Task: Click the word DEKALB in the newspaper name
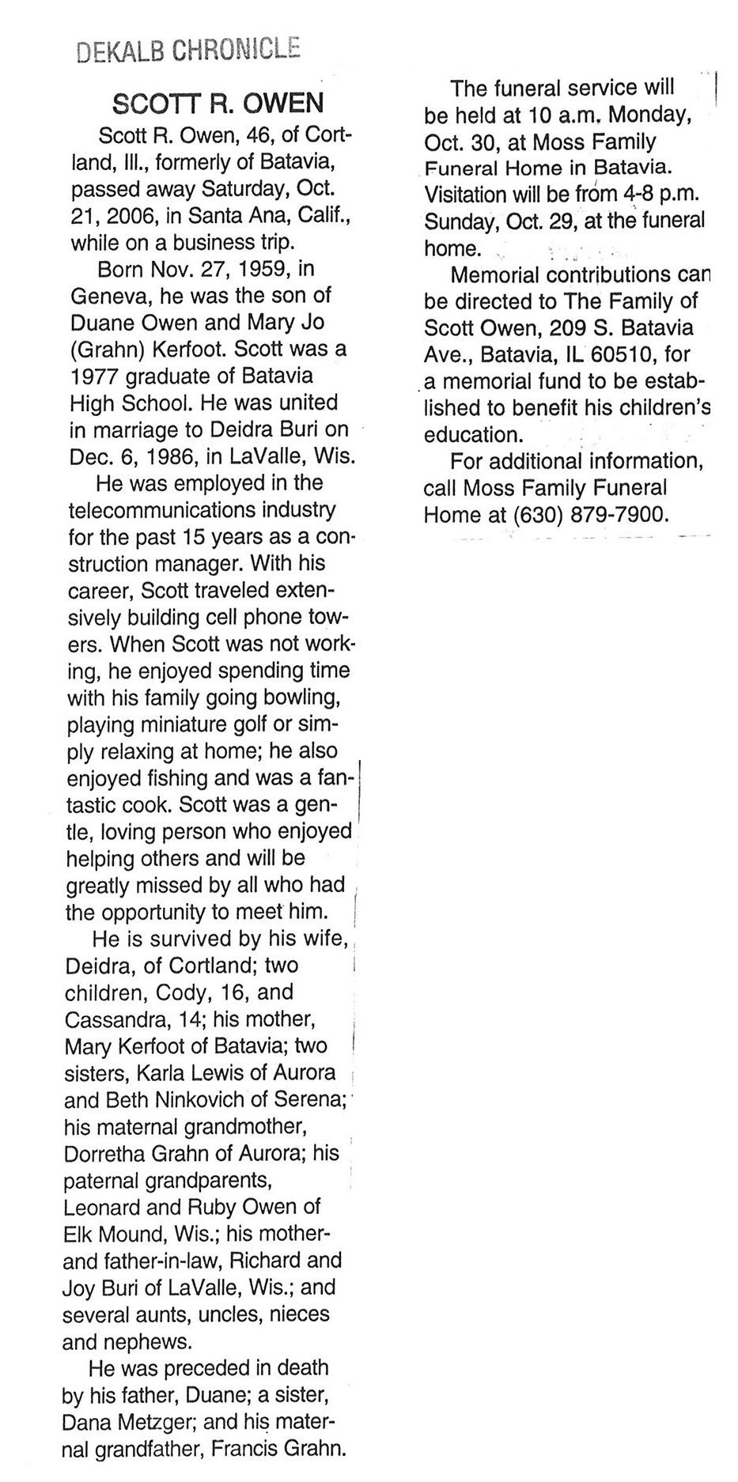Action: click(119, 51)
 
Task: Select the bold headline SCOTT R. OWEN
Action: click(218, 103)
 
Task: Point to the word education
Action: click(473, 435)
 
